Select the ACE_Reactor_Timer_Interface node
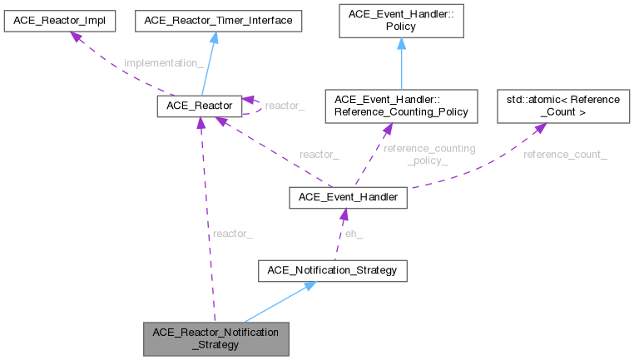click(219, 19)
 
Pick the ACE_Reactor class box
click(199, 106)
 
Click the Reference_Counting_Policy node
click(401, 106)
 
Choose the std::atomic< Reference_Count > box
click(563, 106)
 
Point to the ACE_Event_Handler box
click(348, 197)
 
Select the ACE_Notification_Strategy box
click(333, 270)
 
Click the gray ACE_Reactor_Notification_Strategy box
click(216, 337)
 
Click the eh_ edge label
click(354, 234)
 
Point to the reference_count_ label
click(565, 155)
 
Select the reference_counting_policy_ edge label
click(428, 154)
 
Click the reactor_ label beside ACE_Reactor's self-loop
click(285, 106)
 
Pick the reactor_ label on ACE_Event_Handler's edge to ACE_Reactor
click(319, 155)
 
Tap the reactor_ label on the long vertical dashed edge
click(232, 234)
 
